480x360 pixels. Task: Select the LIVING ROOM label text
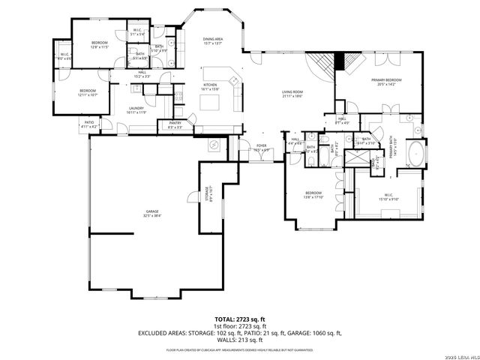pos(292,94)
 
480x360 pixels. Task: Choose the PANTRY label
pos(175,125)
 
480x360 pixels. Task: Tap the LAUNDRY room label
pos(136,109)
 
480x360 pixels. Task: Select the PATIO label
pos(88,124)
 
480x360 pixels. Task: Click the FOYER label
pos(261,148)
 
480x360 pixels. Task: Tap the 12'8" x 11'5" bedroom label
pos(100,45)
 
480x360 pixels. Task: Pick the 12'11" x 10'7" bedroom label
pos(88,92)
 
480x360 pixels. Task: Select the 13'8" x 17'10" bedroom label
pos(313,195)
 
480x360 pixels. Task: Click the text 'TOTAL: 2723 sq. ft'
pos(239,319)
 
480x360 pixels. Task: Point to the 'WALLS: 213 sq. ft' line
pos(239,338)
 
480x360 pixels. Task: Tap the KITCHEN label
pos(211,87)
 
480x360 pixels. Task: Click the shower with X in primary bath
pos(373,163)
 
